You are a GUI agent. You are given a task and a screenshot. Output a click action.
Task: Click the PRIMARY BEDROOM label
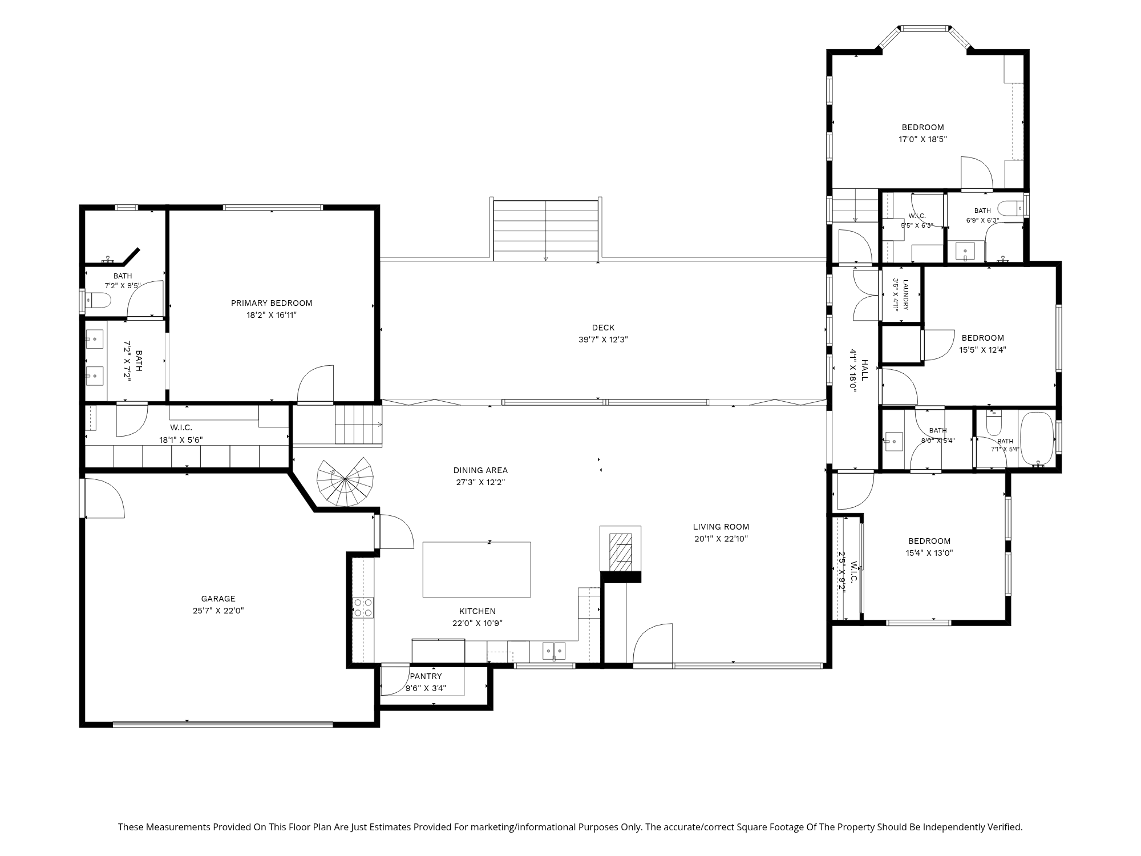272,303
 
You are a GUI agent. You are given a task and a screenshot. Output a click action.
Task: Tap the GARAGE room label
218,599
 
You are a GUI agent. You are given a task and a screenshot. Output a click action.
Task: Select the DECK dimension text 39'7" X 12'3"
603,340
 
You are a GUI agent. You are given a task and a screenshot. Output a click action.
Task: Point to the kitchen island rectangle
476,570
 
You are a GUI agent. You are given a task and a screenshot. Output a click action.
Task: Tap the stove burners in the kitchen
363,607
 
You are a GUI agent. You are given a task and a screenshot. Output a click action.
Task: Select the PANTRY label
426,676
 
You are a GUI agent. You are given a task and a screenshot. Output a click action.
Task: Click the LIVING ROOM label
721,527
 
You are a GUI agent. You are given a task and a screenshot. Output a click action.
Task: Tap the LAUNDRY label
905,294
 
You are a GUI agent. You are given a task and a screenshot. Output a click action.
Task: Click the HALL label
864,370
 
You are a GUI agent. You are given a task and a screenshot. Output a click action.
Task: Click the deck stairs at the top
546,230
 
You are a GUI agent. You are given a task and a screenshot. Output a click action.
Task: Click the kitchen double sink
553,651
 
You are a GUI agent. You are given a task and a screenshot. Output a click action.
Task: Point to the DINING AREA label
480,470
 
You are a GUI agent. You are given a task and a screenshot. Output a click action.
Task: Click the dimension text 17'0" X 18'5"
922,139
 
